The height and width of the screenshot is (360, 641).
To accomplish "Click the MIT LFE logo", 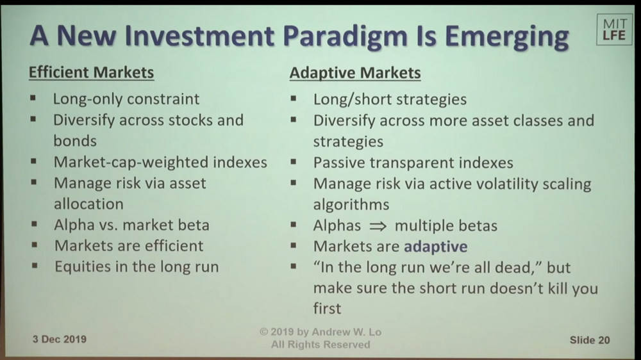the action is pos(615,29).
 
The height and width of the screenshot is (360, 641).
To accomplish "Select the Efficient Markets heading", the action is pos(91,72).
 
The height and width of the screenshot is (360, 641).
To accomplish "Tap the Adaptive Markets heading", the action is pos(355,73).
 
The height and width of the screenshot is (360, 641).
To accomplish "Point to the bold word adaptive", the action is pos(435,247).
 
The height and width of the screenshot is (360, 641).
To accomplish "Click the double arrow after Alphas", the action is pos(378,226).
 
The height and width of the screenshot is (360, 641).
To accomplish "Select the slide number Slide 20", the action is pos(590,340).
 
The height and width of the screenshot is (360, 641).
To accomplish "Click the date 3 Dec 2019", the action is pos(59,339).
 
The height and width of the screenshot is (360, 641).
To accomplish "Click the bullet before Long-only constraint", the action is pos(33,98).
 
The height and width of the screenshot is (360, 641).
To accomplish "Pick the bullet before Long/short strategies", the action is pos(293,99).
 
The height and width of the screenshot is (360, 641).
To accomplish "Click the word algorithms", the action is pos(351,205).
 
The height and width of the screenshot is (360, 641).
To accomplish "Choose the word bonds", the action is pos(75,141).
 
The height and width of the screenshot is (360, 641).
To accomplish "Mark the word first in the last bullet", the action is pos(327,309).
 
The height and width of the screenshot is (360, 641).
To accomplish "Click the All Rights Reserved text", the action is pos(320,345).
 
